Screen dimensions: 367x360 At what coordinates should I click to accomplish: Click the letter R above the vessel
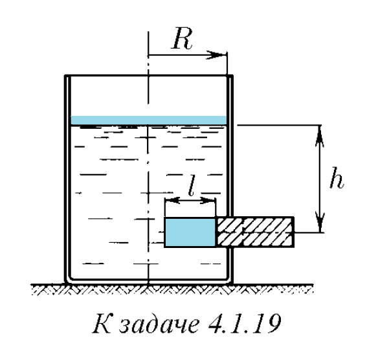[x=182, y=38]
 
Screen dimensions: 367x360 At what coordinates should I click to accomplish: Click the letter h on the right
[x=337, y=177]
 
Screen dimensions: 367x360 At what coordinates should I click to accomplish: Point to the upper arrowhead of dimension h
[x=320, y=136]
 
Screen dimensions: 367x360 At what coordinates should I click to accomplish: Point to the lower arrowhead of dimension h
[x=320, y=222]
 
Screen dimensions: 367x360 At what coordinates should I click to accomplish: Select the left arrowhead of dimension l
[x=173, y=200]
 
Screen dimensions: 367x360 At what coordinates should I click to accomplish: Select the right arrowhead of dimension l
[x=208, y=200]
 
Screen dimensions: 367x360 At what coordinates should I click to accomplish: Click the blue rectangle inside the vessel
[x=190, y=232]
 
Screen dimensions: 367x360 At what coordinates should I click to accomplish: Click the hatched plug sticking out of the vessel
[x=255, y=232]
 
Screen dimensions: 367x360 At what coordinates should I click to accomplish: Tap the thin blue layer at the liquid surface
[x=149, y=120]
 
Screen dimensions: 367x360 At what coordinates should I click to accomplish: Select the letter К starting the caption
[x=102, y=324]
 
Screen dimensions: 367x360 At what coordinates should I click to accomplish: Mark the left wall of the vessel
[x=68, y=178]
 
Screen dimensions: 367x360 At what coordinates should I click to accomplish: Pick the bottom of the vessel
[x=149, y=281]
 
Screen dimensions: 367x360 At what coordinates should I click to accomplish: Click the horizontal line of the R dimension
[x=187, y=55]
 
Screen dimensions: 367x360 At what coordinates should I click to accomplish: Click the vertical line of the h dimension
[x=320, y=179]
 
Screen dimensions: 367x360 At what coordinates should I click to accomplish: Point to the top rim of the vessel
[x=149, y=76]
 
